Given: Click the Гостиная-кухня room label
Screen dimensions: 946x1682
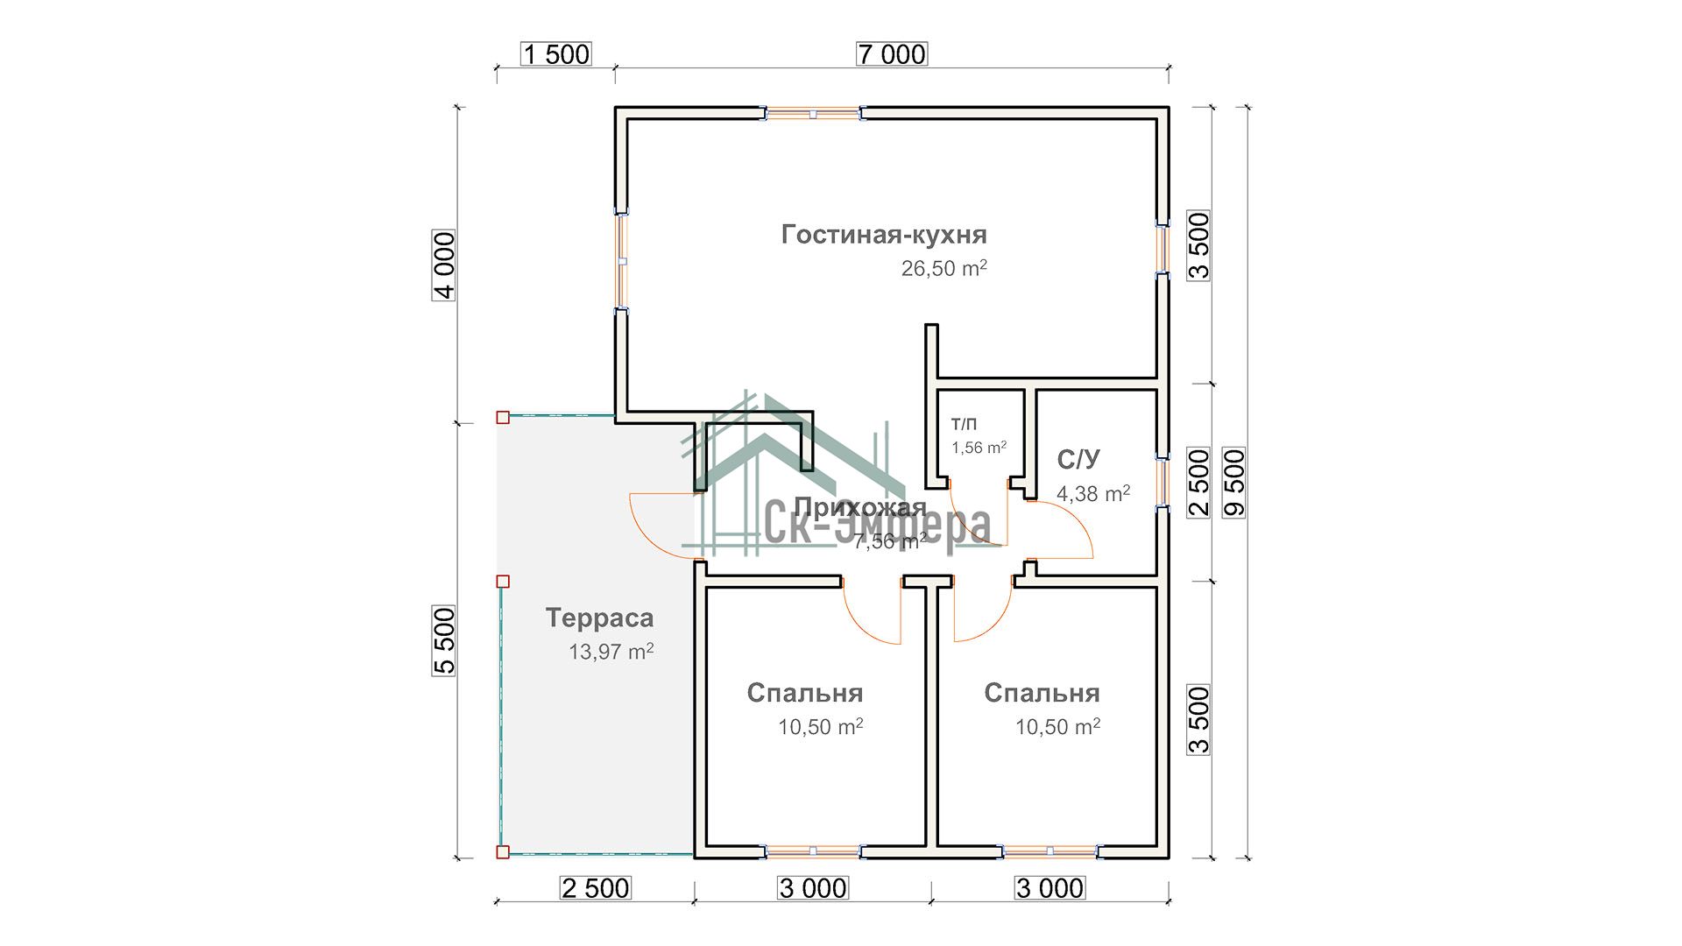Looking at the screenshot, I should pyautogui.click(x=884, y=235).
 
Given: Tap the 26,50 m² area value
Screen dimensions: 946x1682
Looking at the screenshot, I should pyautogui.click(x=943, y=268).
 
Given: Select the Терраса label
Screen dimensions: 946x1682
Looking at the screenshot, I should pyautogui.click(x=599, y=618).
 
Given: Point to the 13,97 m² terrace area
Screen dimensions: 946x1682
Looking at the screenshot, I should pyautogui.click(x=611, y=652).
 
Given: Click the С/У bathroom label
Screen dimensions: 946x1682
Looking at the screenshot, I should pyautogui.click(x=1078, y=460).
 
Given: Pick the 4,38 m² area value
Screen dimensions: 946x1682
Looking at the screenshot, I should pyautogui.click(x=1092, y=493).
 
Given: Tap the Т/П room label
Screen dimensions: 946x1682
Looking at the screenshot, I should pyautogui.click(x=964, y=425).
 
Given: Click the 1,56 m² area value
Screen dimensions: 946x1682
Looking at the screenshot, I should pyautogui.click(x=979, y=448).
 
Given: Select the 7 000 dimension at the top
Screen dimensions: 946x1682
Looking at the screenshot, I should pyautogui.click(x=891, y=54).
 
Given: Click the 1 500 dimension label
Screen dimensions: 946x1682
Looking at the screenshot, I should pyautogui.click(x=556, y=54).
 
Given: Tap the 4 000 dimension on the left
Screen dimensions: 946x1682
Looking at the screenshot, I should pyautogui.click(x=445, y=265).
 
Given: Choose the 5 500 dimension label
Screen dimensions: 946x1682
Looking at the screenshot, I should pyautogui.click(x=445, y=640).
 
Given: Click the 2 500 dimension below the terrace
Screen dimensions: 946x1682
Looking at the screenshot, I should pyautogui.click(x=595, y=888).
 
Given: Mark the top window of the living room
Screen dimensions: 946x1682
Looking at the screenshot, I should pyautogui.click(x=812, y=113).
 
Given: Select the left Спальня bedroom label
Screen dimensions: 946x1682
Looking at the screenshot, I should pyautogui.click(x=804, y=693).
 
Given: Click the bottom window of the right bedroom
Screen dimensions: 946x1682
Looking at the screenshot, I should pyautogui.click(x=1049, y=850).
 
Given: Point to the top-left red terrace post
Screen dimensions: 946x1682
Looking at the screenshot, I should pyautogui.click(x=503, y=417).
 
